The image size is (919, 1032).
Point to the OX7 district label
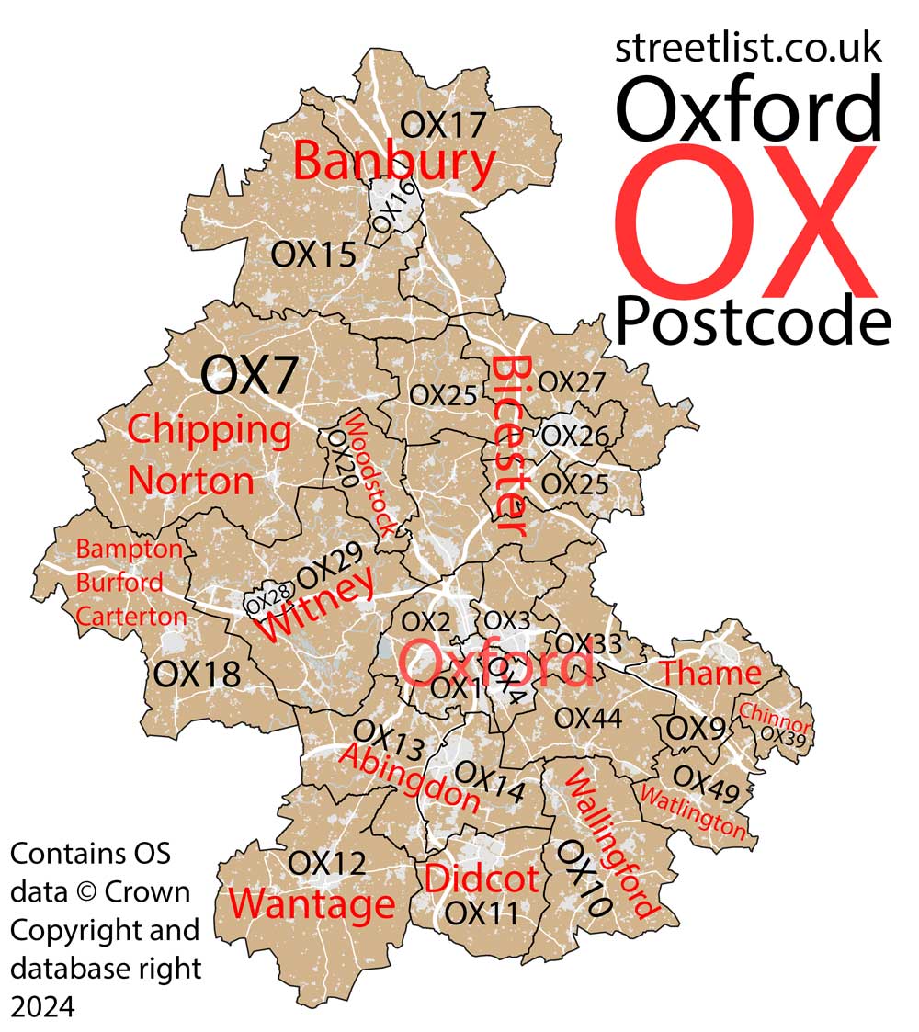coord(249,375)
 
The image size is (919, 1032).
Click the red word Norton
coord(190,481)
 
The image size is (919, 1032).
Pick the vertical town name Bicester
coord(507,445)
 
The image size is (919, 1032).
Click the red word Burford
coord(119,583)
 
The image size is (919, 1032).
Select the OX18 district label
coord(197,674)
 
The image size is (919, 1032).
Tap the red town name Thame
coord(710,674)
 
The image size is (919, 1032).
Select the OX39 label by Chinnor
coord(783,736)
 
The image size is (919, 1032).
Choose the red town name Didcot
coord(481,879)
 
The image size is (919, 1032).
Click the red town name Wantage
coord(312,904)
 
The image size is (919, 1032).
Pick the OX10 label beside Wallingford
coord(584,878)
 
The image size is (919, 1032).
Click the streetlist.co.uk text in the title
coord(748,48)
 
